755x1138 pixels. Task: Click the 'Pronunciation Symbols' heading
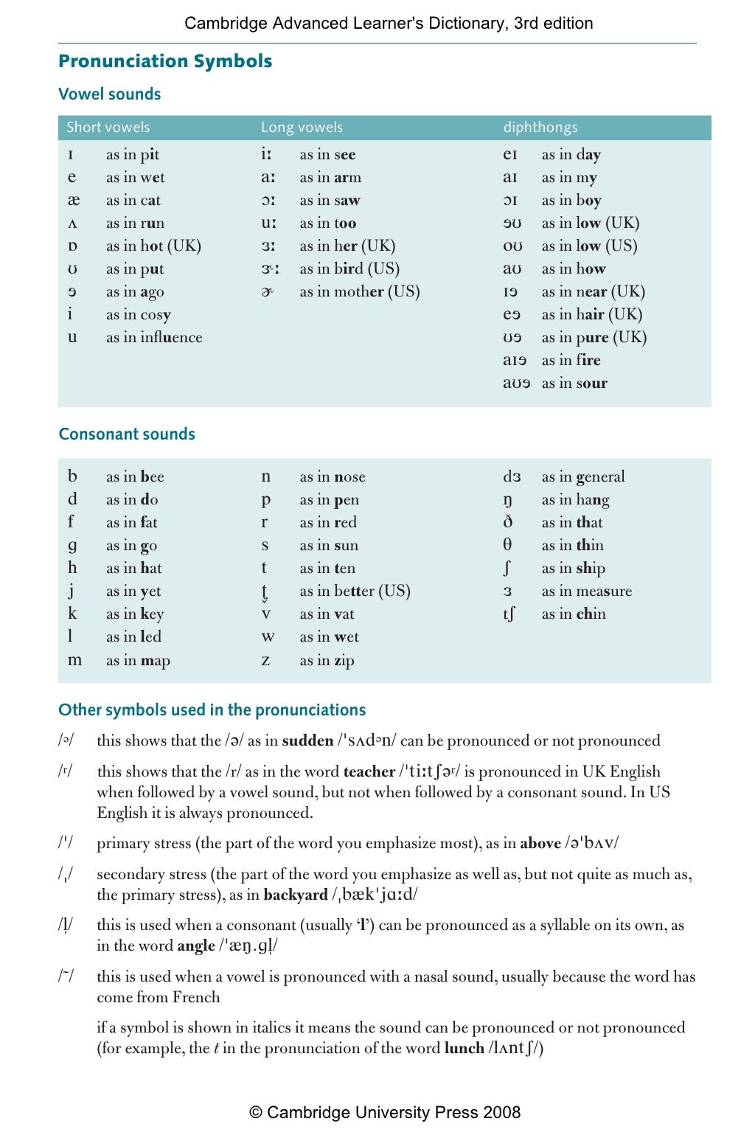pyautogui.click(x=165, y=61)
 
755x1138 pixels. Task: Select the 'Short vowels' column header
pyautogui.click(x=108, y=128)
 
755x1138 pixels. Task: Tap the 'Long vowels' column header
pyautogui.click(x=302, y=128)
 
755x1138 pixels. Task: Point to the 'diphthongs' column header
pyautogui.click(x=540, y=128)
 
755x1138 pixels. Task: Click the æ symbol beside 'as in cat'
pyautogui.click(x=73, y=201)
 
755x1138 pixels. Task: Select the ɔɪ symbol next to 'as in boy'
pyautogui.click(x=510, y=201)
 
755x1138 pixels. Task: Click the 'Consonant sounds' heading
pyautogui.click(x=127, y=434)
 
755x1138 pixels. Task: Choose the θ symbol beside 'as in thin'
pyautogui.click(x=507, y=545)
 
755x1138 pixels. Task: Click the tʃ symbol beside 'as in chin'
pyautogui.click(x=509, y=614)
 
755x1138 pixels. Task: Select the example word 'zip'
pyautogui.click(x=344, y=661)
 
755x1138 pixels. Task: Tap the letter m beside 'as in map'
pyautogui.click(x=74, y=660)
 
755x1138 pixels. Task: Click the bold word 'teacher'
pyautogui.click(x=369, y=772)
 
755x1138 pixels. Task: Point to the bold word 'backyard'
pyautogui.click(x=295, y=895)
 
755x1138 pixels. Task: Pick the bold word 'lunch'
pyautogui.click(x=464, y=1049)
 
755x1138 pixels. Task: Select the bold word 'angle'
pyautogui.click(x=196, y=946)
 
